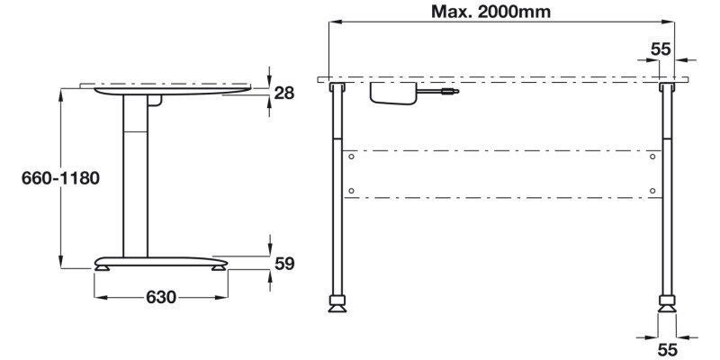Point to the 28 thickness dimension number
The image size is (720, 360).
(284, 92)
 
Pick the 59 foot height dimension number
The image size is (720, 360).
(284, 264)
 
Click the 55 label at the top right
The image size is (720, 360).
(661, 49)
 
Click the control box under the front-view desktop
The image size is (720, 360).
(392, 93)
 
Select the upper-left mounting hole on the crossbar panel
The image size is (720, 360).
(352, 157)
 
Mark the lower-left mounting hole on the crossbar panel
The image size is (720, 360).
(352, 190)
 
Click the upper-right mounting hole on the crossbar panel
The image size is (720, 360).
(654, 157)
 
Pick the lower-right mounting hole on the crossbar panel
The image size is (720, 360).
(654, 190)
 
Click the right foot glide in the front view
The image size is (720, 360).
(667, 304)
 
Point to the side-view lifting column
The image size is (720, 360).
(135, 175)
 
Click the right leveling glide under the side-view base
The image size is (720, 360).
(219, 266)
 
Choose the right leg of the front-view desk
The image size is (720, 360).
(667, 189)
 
